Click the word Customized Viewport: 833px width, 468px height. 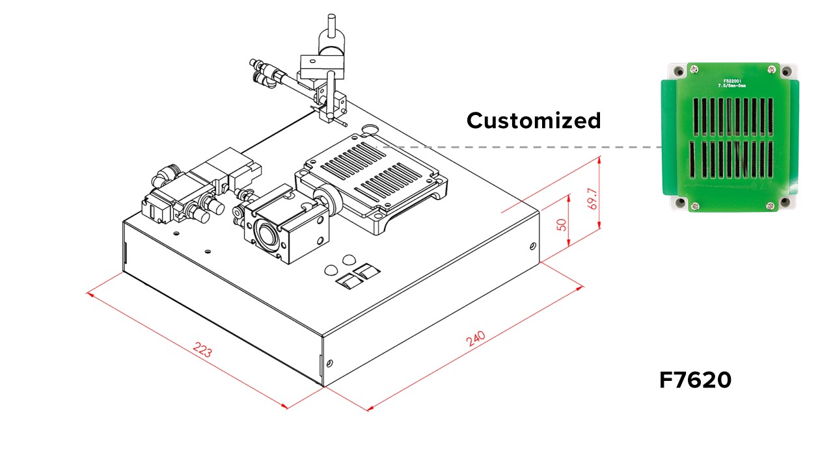point(534,120)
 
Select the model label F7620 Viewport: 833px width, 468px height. point(695,380)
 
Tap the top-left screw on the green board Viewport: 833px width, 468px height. point(694,68)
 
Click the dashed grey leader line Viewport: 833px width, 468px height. point(521,147)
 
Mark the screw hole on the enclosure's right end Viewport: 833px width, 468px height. point(532,246)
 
